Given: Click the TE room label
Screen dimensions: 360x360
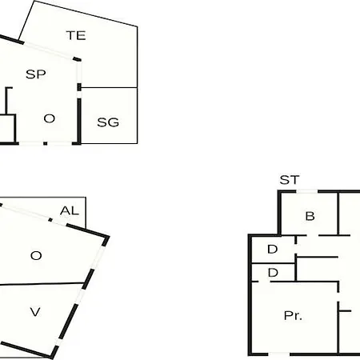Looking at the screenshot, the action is (x=76, y=35).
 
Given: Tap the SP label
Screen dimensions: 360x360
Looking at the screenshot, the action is (x=36, y=74).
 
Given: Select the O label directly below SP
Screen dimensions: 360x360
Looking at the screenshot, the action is (x=50, y=118).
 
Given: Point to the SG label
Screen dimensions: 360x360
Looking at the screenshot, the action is (x=108, y=122).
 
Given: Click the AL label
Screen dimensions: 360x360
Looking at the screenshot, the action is (x=70, y=210).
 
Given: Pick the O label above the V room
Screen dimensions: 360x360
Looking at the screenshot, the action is (x=36, y=256).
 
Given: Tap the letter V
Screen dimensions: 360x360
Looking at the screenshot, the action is (x=35, y=312).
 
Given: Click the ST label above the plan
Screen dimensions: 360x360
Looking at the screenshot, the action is (x=290, y=180).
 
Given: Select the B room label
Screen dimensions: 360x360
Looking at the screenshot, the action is (x=310, y=216).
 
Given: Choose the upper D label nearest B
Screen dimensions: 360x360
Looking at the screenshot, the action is (x=273, y=250).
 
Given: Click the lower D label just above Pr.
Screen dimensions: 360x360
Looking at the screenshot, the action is (x=273, y=273).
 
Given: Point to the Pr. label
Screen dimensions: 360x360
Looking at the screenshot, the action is (x=293, y=316).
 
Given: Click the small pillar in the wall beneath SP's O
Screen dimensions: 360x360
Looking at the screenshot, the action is (x=46, y=143).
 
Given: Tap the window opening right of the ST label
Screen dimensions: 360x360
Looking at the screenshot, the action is (x=307, y=191).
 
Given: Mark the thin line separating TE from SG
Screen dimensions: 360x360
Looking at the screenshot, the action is (x=109, y=87).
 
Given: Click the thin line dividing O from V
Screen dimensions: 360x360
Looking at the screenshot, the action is (x=42, y=284).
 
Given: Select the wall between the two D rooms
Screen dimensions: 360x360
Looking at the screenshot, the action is (x=274, y=263).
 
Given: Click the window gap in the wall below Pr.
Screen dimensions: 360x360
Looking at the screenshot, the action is (x=278, y=354).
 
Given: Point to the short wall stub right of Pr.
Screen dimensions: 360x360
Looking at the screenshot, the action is (x=345, y=311).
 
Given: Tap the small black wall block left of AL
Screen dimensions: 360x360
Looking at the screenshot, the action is (x=50, y=220).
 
